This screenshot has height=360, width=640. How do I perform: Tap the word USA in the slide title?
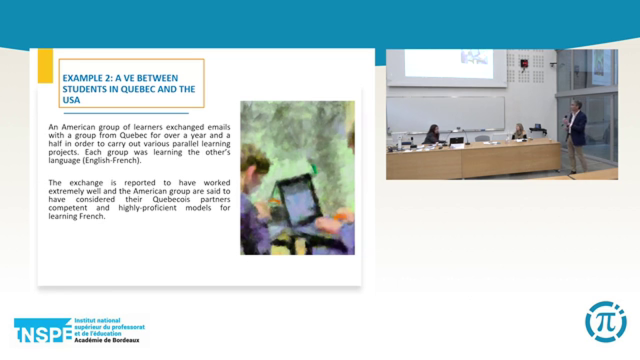(x=71, y=100)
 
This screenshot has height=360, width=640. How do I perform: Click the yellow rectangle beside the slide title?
(x=45, y=66)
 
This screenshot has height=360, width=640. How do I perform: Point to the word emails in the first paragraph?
(x=219, y=127)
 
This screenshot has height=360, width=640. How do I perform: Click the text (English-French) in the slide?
(x=112, y=160)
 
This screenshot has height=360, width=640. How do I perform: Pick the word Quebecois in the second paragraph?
(x=171, y=199)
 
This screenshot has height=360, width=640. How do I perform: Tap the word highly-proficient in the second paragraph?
(x=147, y=207)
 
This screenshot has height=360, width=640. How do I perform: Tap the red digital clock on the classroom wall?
(x=524, y=63)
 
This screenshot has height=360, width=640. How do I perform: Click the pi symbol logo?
(x=605, y=321)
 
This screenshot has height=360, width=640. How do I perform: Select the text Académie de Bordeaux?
(x=107, y=340)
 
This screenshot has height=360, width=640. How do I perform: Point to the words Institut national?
(x=97, y=320)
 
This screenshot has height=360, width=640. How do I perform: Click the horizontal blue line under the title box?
(x=126, y=113)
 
